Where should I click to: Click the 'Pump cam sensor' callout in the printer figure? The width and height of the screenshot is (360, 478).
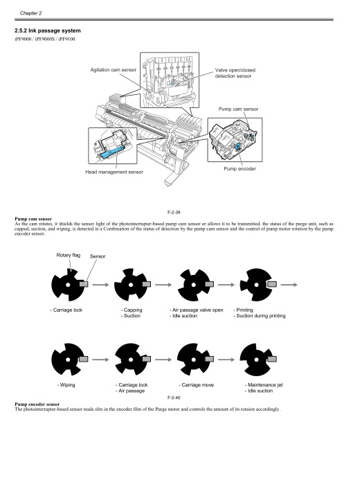239,109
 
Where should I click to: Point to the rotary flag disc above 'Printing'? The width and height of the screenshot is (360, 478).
253,285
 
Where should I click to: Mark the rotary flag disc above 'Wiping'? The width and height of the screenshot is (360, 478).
67,359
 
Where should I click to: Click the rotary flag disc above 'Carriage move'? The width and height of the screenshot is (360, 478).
192,359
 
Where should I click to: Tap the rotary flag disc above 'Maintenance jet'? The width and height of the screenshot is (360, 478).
253,359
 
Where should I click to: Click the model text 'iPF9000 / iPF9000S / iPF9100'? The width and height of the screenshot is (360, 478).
45,40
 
